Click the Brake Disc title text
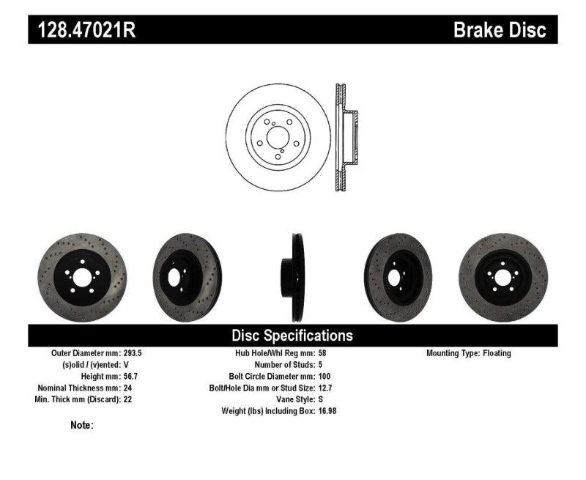[500, 30]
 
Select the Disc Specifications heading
[292, 336]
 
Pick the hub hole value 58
[324, 352]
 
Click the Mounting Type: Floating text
[469, 352]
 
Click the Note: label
[82, 425]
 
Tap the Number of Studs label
[284, 364]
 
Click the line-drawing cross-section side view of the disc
[344, 138]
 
